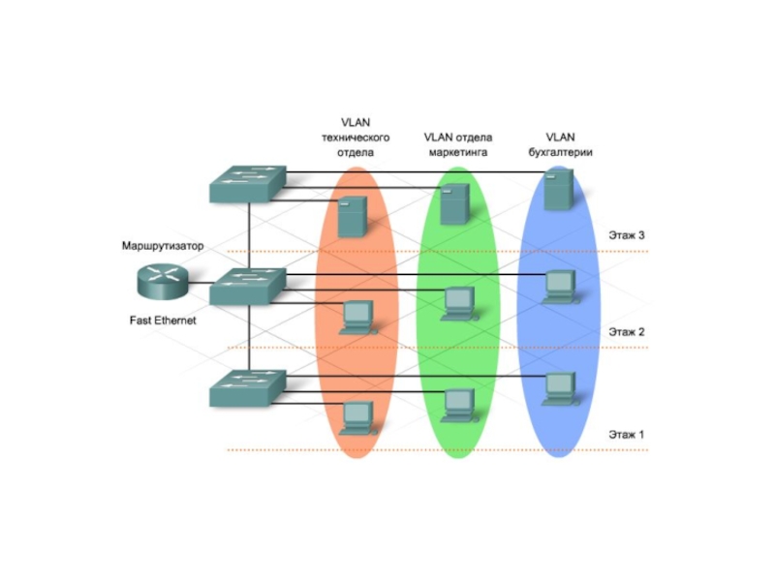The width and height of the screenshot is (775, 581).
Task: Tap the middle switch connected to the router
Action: coord(249,284)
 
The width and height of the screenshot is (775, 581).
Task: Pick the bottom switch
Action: coord(249,386)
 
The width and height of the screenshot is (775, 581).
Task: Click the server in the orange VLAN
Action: coord(352,216)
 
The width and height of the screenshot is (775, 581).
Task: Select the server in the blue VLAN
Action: coord(556,190)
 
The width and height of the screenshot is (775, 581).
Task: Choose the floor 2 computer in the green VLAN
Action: coord(456,303)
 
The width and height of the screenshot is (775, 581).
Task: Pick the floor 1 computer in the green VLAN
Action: coord(456,403)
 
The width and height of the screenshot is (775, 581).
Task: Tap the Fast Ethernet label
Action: coord(163,321)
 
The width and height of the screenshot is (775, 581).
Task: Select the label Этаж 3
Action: coord(626,234)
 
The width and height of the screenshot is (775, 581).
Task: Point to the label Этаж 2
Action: coord(626,332)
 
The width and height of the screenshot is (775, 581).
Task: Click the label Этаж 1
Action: coord(626,434)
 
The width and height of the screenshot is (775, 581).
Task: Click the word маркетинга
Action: coord(457,153)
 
